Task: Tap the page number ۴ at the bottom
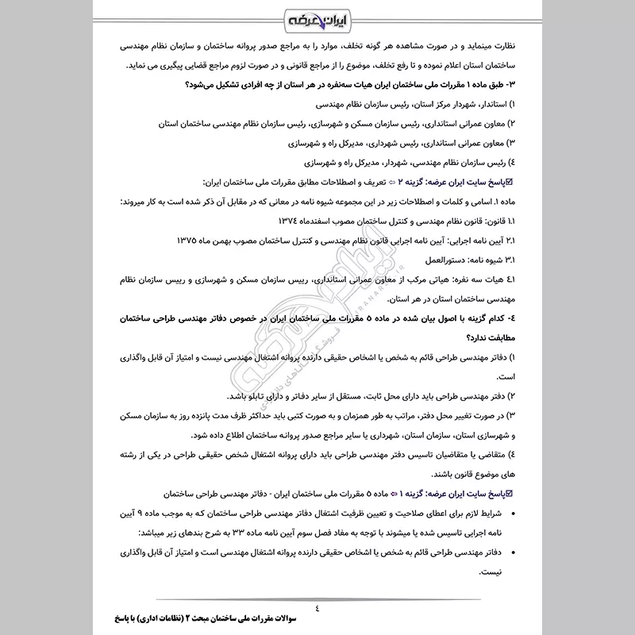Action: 317,610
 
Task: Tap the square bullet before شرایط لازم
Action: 508,512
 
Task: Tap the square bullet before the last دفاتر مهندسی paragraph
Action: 508,550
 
